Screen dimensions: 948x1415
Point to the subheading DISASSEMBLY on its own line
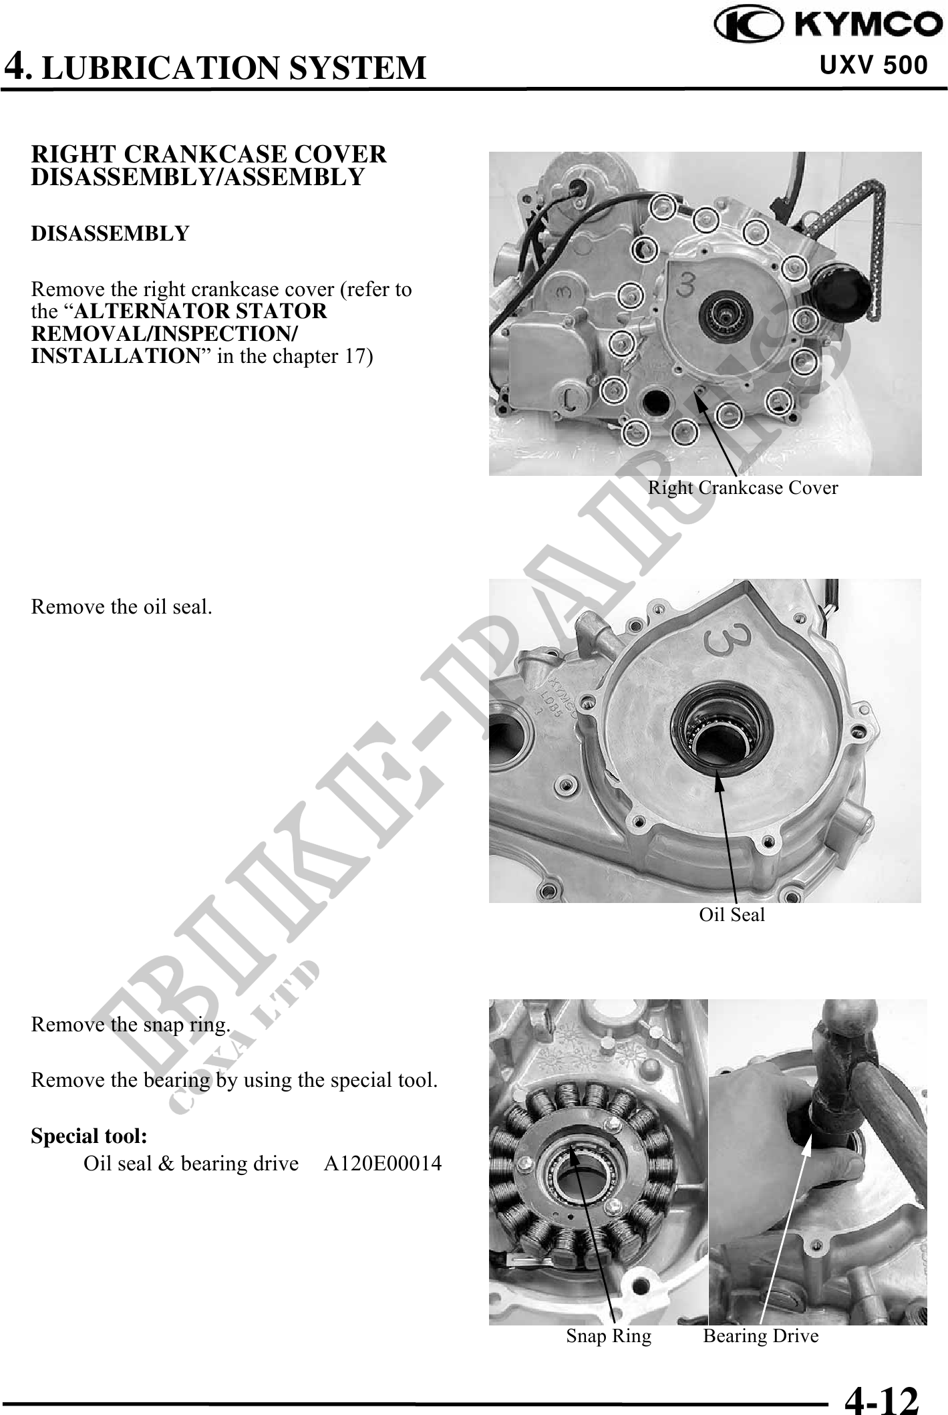click(x=110, y=234)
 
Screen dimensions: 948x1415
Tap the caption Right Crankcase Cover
click(x=743, y=488)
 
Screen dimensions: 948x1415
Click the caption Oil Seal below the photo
click(x=732, y=915)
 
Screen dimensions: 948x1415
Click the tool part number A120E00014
click(x=383, y=1164)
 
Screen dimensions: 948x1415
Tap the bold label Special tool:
click(x=90, y=1136)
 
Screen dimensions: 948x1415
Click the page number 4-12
click(x=882, y=1395)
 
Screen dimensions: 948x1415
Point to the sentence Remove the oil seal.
click(x=122, y=607)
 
